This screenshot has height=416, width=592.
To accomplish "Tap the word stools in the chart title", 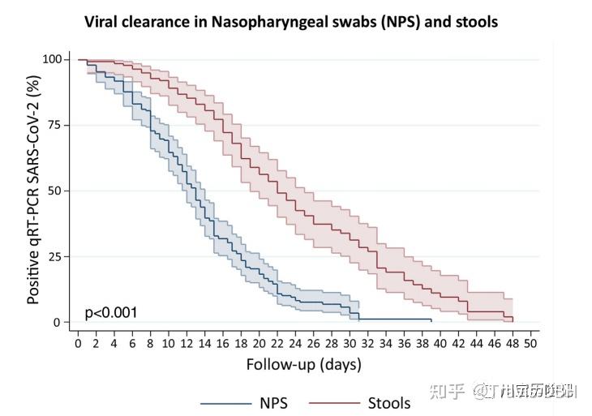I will point(475,22).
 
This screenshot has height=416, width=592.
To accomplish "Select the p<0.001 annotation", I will point(111,312).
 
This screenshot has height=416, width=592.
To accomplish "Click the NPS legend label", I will point(274,402).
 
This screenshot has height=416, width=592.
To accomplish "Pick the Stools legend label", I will point(389,402).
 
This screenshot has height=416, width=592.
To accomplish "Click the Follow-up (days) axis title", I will point(304,364).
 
